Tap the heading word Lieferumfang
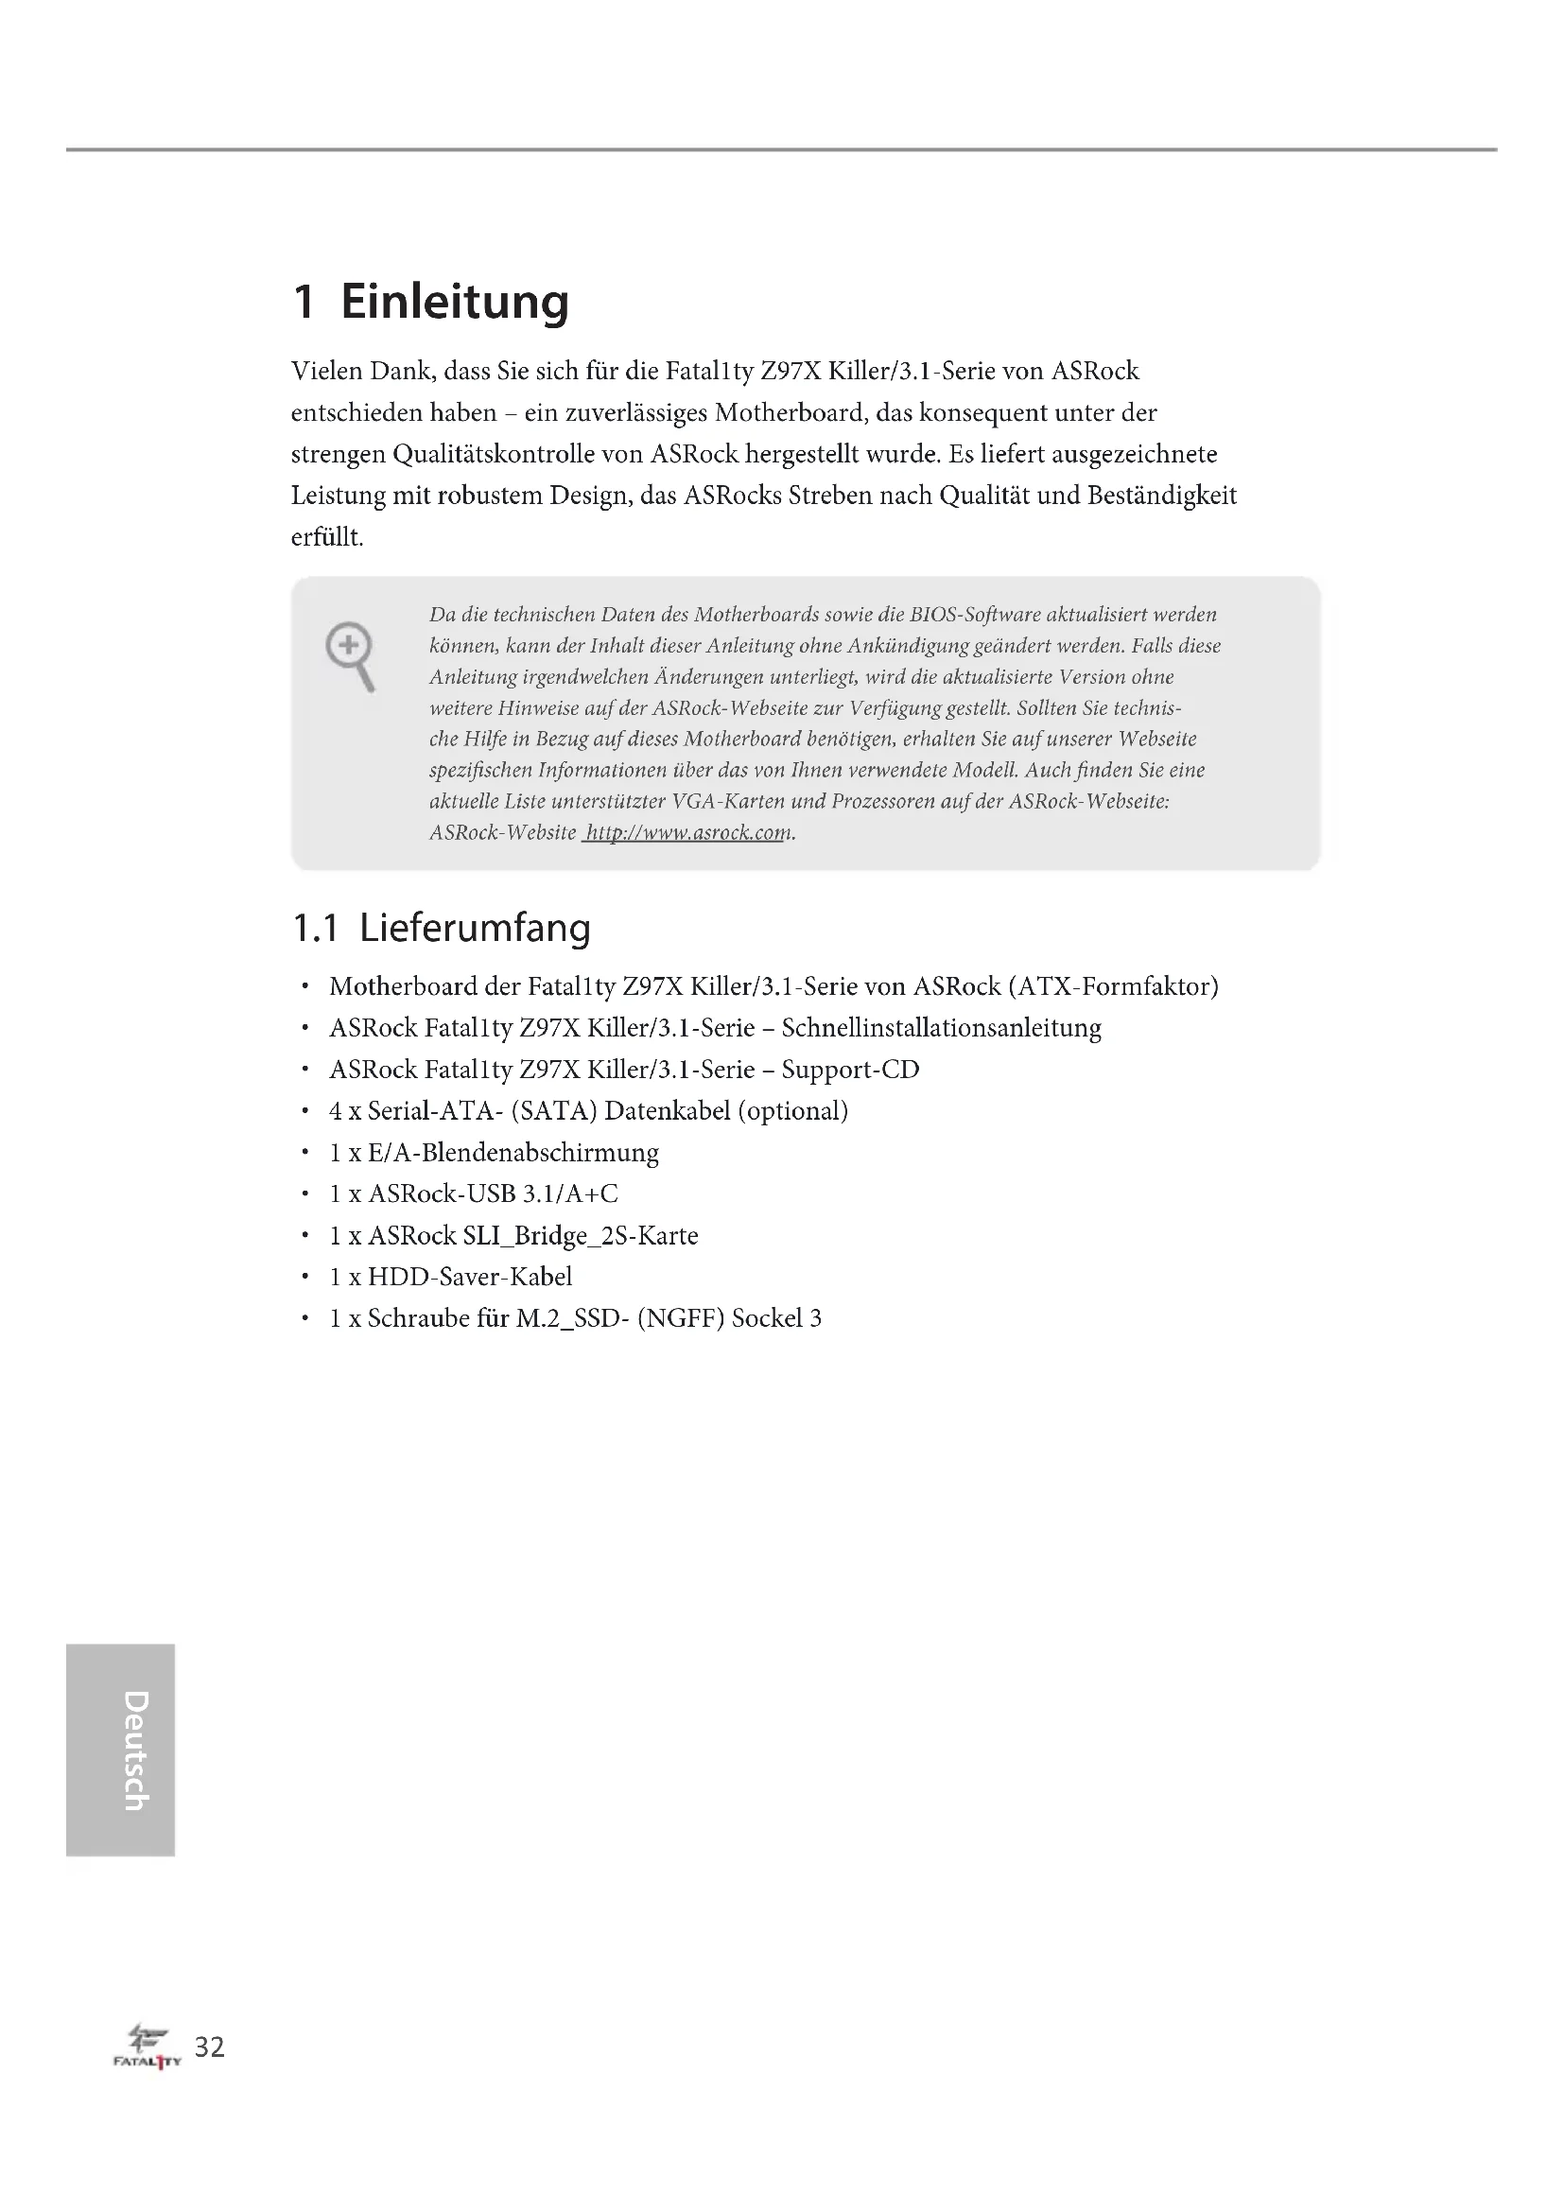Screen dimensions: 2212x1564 click(475, 929)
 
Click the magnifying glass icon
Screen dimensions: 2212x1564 click(351, 656)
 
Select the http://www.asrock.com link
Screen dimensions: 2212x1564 click(687, 832)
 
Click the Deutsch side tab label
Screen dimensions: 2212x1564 click(136, 1750)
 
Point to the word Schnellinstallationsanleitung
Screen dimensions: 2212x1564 click(941, 1028)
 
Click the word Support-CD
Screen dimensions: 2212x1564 click(850, 1070)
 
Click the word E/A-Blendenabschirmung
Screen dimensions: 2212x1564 click(513, 1152)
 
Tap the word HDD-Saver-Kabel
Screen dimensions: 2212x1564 click(470, 1277)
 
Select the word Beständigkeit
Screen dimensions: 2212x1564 click(1161, 496)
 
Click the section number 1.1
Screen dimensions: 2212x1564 click(315, 929)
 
